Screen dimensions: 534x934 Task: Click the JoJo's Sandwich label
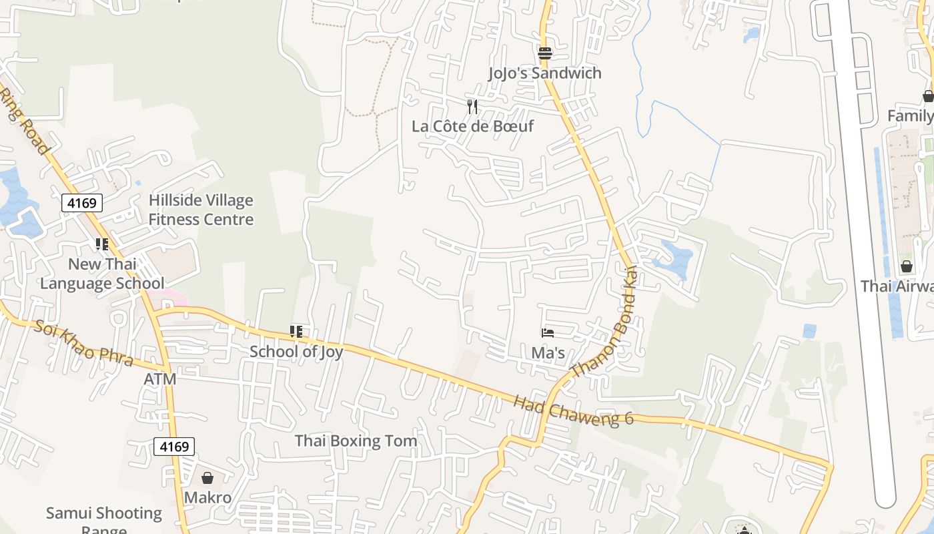point(544,73)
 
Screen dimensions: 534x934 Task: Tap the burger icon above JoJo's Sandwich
point(545,53)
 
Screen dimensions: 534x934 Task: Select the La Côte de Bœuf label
point(472,125)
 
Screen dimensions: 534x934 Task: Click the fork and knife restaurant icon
point(472,106)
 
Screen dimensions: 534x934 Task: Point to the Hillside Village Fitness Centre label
point(201,210)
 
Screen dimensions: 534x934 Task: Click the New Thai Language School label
point(102,274)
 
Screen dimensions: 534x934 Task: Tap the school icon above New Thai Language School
point(101,244)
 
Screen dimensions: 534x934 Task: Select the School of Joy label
point(296,351)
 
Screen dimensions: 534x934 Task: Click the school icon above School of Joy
point(296,332)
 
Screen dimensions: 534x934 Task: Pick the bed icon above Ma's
point(548,332)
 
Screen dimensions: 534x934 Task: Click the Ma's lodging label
point(548,352)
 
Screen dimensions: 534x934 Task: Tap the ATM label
point(160,379)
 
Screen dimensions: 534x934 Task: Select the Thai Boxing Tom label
point(356,441)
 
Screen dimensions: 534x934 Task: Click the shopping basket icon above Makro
point(207,478)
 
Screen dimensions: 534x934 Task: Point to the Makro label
point(207,497)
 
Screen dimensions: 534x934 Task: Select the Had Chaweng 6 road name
point(573,410)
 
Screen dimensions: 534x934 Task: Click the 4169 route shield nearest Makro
point(174,446)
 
